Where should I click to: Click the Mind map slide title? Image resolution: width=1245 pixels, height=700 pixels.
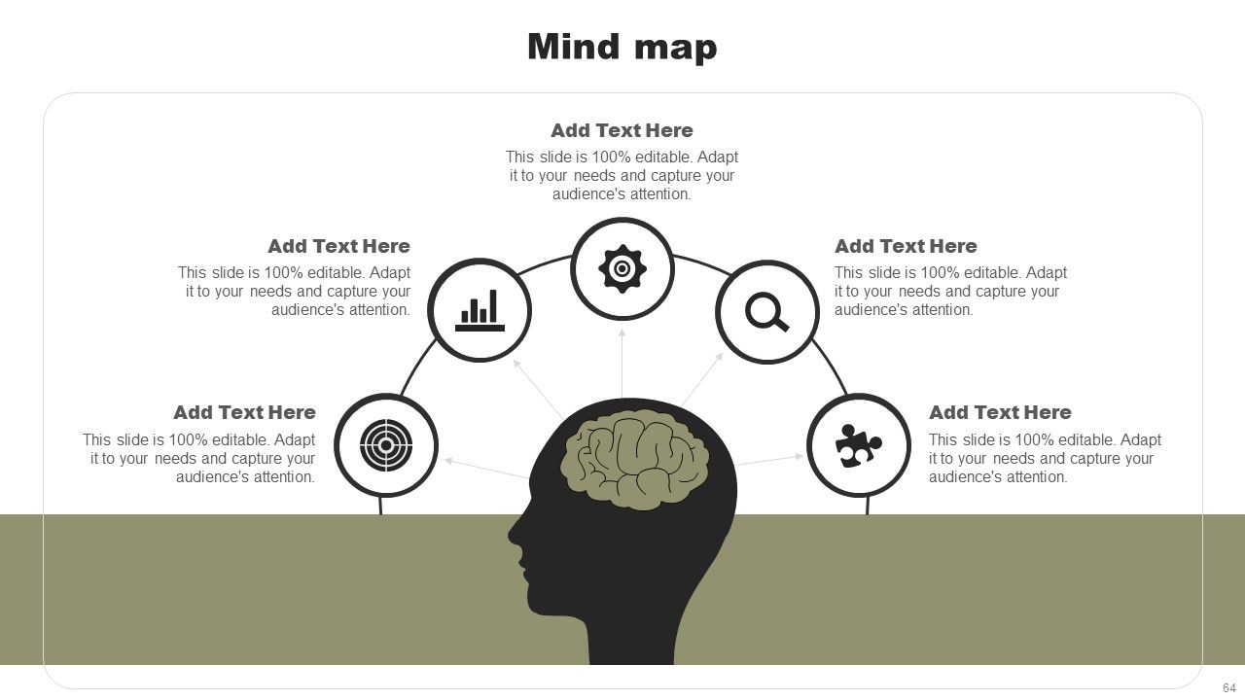(x=622, y=47)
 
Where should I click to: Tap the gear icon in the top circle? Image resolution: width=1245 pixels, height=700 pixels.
(x=622, y=269)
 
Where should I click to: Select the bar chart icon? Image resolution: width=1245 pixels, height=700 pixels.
(x=480, y=310)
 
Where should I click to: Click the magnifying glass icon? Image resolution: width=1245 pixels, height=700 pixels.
(x=767, y=312)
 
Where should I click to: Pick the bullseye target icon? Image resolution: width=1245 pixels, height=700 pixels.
(x=386, y=445)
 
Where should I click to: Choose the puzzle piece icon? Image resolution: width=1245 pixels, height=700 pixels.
(x=858, y=445)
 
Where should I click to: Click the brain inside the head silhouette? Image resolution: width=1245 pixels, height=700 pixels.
(x=634, y=460)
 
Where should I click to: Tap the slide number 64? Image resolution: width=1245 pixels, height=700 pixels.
(x=1228, y=687)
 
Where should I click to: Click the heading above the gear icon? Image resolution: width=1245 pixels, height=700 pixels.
(x=622, y=130)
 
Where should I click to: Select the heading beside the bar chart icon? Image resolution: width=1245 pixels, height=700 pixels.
(x=339, y=246)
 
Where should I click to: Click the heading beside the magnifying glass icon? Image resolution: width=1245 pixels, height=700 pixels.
(x=906, y=246)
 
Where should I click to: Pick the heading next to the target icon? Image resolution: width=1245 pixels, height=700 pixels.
(x=244, y=412)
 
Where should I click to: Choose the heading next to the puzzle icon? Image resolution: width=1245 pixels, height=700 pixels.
(x=1001, y=412)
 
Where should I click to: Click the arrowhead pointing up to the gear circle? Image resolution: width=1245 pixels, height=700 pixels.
(x=622, y=332)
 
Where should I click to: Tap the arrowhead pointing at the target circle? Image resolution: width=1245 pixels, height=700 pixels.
(x=449, y=461)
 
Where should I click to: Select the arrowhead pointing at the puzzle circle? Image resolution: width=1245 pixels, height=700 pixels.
(x=800, y=456)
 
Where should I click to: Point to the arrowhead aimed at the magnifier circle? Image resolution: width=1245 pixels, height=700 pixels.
(x=720, y=356)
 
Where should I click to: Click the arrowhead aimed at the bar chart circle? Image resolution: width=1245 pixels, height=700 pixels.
(x=516, y=364)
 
